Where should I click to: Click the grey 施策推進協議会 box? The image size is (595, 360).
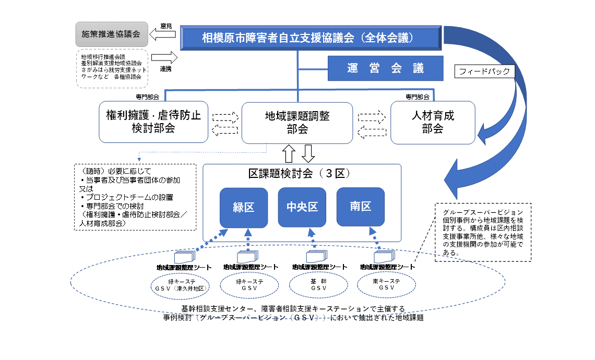tap(111, 34)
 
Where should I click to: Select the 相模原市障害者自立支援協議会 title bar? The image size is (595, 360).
tap(312, 38)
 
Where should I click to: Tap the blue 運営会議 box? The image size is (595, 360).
tap(385, 68)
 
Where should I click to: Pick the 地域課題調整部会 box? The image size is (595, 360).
tap(297, 122)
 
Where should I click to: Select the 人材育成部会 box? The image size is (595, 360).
tap(433, 122)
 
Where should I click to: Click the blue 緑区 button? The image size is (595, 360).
tap(244, 208)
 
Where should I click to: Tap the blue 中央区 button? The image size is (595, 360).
tap(302, 208)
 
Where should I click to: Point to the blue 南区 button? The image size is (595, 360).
tap(361, 207)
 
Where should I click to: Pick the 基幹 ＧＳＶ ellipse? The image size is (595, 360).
tap(318, 285)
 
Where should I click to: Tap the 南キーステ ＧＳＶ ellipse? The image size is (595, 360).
tap(386, 285)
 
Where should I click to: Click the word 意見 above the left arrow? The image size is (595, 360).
tap(166, 26)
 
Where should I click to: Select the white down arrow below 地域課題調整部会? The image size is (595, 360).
tap(308, 153)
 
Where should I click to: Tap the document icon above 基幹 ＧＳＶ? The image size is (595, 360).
tap(316, 257)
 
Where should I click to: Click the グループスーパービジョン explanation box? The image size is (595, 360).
tap(483, 232)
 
